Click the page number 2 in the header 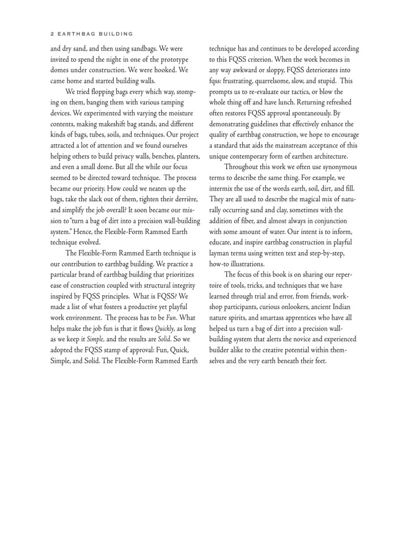[x=52, y=33]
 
